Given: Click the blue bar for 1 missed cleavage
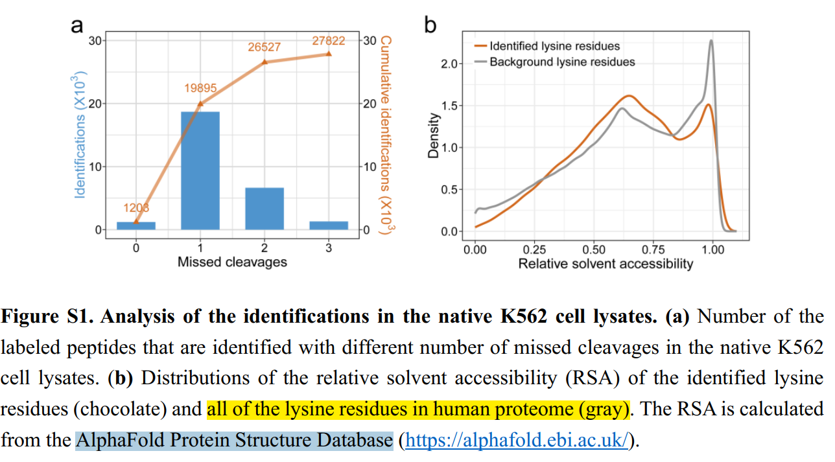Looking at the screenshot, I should pyautogui.click(x=200, y=170).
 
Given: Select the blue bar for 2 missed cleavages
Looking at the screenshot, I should pyautogui.click(x=264, y=208).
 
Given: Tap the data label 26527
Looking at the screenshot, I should pyautogui.click(x=265, y=47).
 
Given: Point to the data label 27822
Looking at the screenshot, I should pyautogui.click(x=329, y=41).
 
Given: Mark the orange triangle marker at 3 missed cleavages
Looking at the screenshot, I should pyautogui.click(x=329, y=53).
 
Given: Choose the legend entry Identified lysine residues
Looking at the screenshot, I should pyautogui.click(x=554, y=46).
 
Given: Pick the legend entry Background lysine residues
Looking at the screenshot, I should pyautogui.click(x=562, y=62).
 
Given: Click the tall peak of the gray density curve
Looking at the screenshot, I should pyautogui.click(x=711, y=41).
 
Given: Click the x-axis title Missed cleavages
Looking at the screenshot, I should pyautogui.click(x=232, y=262).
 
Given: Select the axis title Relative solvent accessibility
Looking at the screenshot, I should pyautogui.click(x=606, y=264).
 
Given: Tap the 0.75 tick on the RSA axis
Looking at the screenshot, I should pyautogui.click(x=653, y=249).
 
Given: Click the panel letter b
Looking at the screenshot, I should pyautogui.click(x=430, y=25).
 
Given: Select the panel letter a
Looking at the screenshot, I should pyautogui.click(x=77, y=25).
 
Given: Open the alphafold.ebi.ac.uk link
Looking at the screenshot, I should pyautogui.click(x=516, y=441).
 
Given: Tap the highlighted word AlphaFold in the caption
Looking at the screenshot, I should pyautogui.click(x=108, y=441).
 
